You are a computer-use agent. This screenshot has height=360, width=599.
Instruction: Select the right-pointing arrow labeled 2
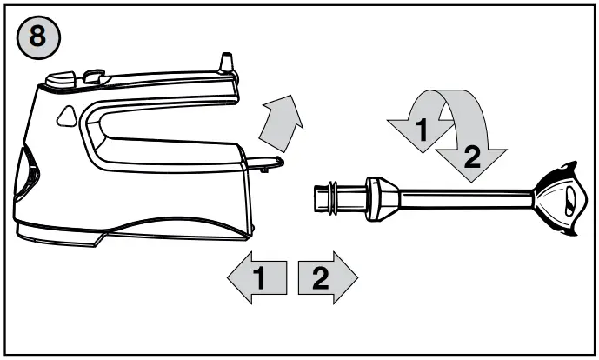[327, 279]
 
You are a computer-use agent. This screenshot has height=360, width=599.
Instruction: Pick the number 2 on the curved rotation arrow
[470, 157]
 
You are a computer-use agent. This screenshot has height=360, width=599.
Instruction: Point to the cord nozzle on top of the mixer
[226, 63]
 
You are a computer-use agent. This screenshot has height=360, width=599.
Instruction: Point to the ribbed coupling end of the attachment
[329, 197]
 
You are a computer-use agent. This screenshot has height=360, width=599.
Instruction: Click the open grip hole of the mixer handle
[156, 130]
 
